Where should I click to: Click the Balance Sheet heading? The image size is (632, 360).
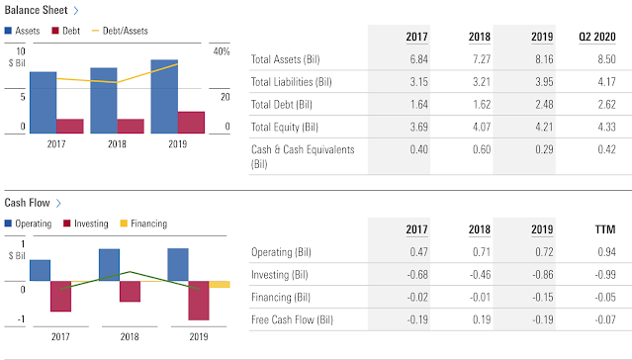[x=36, y=10]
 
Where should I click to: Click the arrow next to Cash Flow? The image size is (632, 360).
[x=58, y=203]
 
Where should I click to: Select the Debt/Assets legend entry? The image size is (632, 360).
[x=120, y=31]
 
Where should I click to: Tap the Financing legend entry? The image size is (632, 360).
[x=143, y=224]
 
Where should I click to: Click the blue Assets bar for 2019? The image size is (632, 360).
[x=164, y=97]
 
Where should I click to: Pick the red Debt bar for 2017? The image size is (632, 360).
[x=70, y=127]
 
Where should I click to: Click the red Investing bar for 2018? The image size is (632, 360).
[x=130, y=291]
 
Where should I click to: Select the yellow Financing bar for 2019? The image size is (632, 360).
[x=220, y=284]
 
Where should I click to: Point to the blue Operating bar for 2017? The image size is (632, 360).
[x=40, y=271]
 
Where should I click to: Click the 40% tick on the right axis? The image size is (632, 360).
[x=222, y=51]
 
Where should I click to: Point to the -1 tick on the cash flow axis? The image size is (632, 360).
[x=21, y=319]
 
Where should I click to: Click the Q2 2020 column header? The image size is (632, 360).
[x=597, y=37]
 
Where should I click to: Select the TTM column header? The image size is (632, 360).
[x=605, y=229]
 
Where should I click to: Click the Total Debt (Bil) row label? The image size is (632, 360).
[x=282, y=105]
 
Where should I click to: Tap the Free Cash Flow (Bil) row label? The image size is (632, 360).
[x=292, y=320]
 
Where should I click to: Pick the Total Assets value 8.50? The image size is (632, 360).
[x=606, y=59]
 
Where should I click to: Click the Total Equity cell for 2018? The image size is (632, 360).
[x=482, y=128]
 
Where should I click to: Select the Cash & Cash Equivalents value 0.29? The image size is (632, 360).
[x=544, y=150]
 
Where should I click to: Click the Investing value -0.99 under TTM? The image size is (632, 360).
[x=605, y=275]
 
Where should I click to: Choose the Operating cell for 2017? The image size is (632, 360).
[x=419, y=252]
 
